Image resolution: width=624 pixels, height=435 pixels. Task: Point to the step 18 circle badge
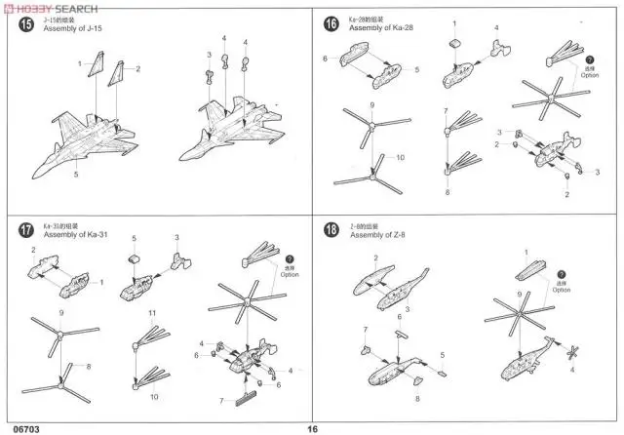(x=331, y=230)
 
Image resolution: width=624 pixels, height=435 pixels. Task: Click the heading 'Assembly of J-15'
(x=73, y=30)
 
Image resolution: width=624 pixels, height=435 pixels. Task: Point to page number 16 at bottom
(x=313, y=427)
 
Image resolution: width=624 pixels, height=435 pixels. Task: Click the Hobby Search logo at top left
(x=49, y=8)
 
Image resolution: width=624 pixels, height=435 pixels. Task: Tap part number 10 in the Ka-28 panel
(x=399, y=157)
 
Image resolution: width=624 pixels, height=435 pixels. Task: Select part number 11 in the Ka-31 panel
(x=153, y=312)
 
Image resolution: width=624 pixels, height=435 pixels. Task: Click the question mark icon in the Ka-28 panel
(x=589, y=63)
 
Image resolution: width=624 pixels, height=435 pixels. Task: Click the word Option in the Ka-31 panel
(x=289, y=274)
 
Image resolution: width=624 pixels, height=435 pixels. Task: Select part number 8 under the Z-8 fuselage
(x=417, y=398)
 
